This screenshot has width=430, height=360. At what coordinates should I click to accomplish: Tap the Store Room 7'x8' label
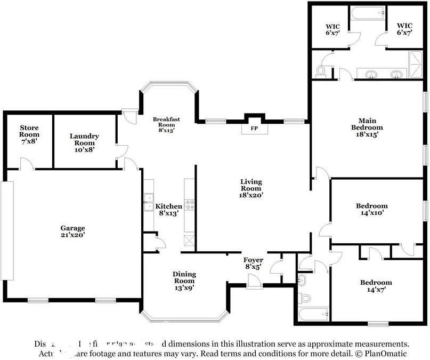coord(29,134)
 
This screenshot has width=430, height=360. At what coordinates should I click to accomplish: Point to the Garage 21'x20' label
coord(72,231)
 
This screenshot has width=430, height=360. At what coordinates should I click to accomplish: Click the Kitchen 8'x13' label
coord(168,209)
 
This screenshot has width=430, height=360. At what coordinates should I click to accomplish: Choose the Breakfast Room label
coord(164,124)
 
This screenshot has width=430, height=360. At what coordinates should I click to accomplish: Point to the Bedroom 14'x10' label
coord(371,209)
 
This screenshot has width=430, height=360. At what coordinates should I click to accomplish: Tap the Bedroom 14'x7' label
coord(376,286)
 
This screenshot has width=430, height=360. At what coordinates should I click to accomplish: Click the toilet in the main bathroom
coord(321,70)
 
